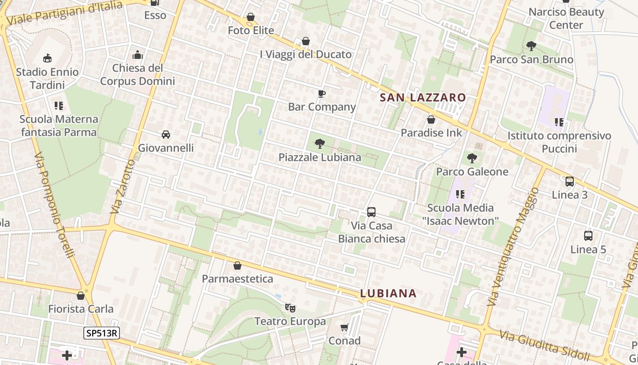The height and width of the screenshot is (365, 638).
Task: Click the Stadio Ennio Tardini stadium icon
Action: coord(47,58)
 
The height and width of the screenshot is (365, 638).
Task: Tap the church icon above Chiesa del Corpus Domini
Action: coord(138,55)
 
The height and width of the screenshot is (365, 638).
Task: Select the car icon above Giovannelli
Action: coord(166,134)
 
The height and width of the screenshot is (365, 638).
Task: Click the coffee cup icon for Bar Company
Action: coord(322,94)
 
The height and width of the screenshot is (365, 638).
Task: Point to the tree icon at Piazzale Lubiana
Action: coord(320,144)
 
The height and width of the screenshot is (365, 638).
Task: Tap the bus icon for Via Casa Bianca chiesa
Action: coord(371,212)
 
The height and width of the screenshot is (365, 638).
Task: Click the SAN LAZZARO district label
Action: coord(423,97)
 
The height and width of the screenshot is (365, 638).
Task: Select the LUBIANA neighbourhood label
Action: coord(388,293)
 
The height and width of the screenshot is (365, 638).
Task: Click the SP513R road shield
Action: coord(101,333)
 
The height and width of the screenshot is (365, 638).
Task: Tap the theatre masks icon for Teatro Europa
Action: coord(290,308)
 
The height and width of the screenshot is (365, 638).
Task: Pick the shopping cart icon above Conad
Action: coord(345,327)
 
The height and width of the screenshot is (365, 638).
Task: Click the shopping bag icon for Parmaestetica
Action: coord(237,265)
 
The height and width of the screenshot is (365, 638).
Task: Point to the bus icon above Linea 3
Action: coord(570,181)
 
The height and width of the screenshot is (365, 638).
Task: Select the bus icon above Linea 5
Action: coord(588,236)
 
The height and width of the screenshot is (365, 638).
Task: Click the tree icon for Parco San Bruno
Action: coord(531,46)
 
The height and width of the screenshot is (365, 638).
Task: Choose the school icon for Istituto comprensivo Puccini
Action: coord(559,122)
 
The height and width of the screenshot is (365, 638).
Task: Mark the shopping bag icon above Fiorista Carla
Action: coord(81,295)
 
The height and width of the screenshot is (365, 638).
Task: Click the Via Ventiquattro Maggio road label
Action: coord(513,246)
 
